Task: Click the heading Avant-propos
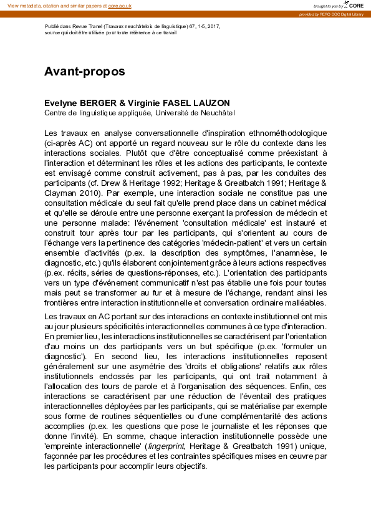click(x=85, y=72)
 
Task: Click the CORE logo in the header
click(x=352, y=5)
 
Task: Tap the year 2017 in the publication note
click(x=213, y=27)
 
